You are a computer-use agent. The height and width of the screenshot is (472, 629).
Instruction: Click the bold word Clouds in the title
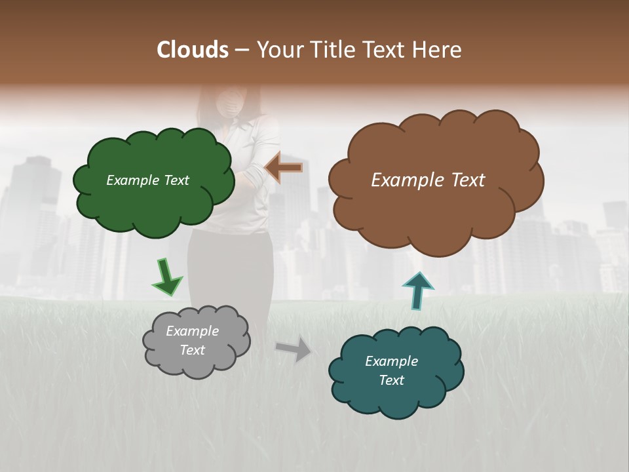[x=193, y=50]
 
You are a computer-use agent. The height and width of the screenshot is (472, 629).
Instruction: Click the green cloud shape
[x=154, y=203]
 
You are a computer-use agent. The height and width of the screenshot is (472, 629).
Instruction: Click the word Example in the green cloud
[x=131, y=180]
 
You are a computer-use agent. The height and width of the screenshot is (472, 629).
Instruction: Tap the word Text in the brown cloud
[x=466, y=180]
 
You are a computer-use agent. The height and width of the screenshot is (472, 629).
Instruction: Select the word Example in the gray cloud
[x=192, y=331]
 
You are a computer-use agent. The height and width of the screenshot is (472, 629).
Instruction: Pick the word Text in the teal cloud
[x=391, y=380]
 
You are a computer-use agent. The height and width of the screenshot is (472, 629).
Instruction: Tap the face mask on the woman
[x=230, y=102]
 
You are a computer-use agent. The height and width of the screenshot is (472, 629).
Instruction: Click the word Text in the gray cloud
[x=192, y=350]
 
